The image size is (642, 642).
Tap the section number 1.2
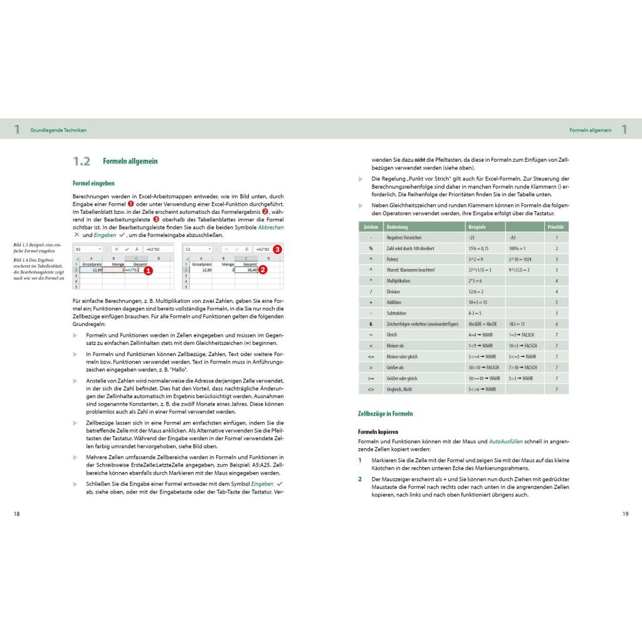click(x=82, y=161)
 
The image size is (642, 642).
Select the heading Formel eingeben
click(x=93, y=183)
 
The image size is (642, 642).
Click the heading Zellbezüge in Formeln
click(x=385, y=414)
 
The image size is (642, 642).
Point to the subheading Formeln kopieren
click(x=378, y=431)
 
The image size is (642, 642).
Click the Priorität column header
click(x=555, y=226)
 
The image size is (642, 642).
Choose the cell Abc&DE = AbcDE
click(x=482, y=324)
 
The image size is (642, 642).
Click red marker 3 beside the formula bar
click(x=277, y=249)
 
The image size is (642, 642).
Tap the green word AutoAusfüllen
click(x=506, y=441)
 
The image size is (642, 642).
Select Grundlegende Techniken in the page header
click(x=58, y=130)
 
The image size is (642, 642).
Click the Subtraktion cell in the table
click(x=397, y=312)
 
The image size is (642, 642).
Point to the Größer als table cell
click(x=396, y=367)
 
